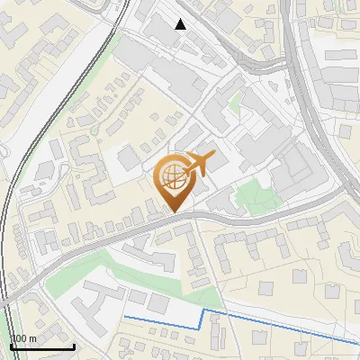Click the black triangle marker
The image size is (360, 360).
click(x=181, y=23)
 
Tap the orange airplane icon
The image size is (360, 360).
click(x=200, y=164)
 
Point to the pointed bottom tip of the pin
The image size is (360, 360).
click(x=174, y=212)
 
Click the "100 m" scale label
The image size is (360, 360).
click(x=23, y=338)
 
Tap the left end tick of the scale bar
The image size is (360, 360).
click(x=10, y=345)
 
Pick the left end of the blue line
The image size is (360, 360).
click(x=124, y=317)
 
